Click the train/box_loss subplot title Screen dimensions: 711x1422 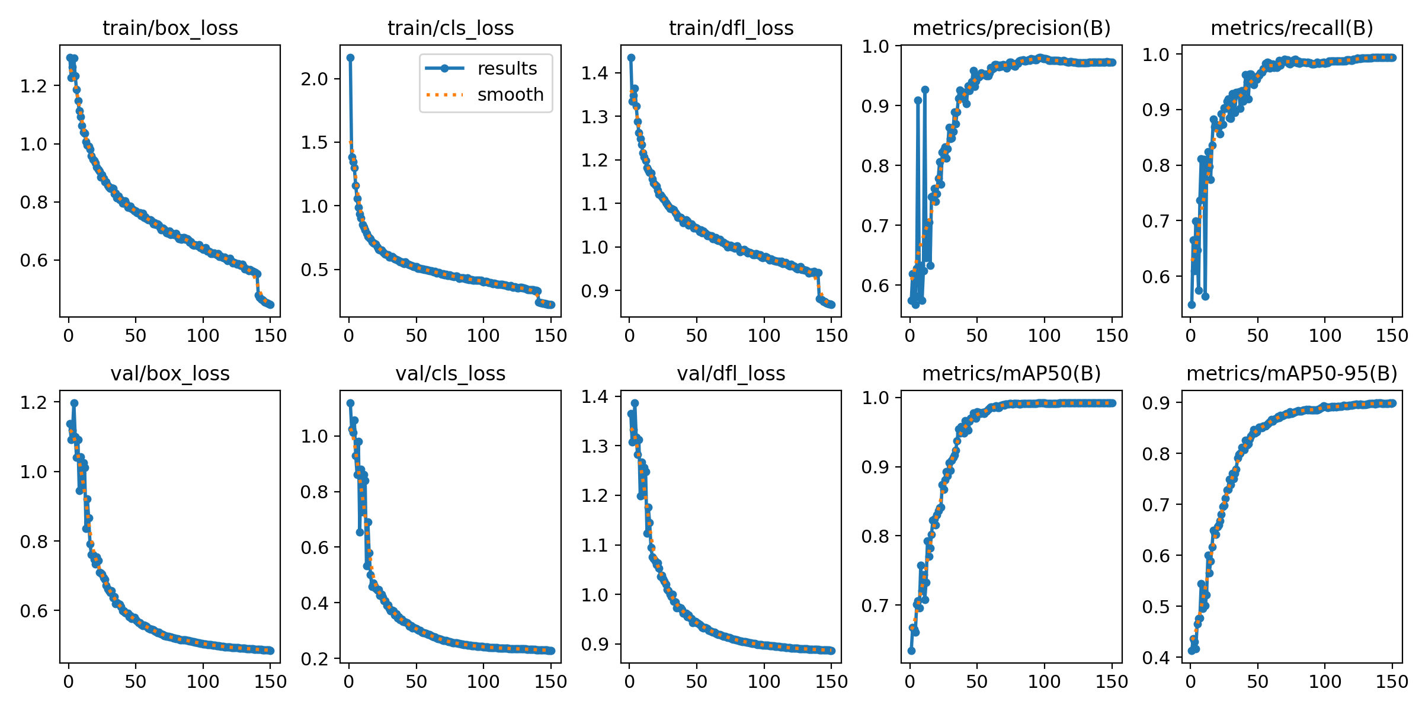170,28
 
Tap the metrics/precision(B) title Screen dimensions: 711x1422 1011,28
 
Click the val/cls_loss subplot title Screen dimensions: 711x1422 450,373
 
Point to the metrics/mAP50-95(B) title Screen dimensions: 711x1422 1292,373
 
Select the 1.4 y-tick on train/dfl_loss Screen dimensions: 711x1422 595,73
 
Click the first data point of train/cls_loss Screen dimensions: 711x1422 350,57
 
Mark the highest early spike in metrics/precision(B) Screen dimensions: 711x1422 925,90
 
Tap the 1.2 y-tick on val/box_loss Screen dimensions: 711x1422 34,402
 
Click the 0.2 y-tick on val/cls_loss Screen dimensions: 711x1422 315,658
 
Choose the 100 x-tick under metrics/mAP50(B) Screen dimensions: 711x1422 1044,681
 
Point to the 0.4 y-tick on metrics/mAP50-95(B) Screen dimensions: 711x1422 1156,657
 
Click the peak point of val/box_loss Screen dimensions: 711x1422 74,403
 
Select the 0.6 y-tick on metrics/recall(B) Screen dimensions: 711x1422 1156,277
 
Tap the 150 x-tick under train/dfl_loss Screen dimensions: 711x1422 831,336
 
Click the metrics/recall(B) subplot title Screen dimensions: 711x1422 1292,28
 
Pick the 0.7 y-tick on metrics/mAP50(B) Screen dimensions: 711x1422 876,606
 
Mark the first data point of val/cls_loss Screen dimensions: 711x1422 350,403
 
